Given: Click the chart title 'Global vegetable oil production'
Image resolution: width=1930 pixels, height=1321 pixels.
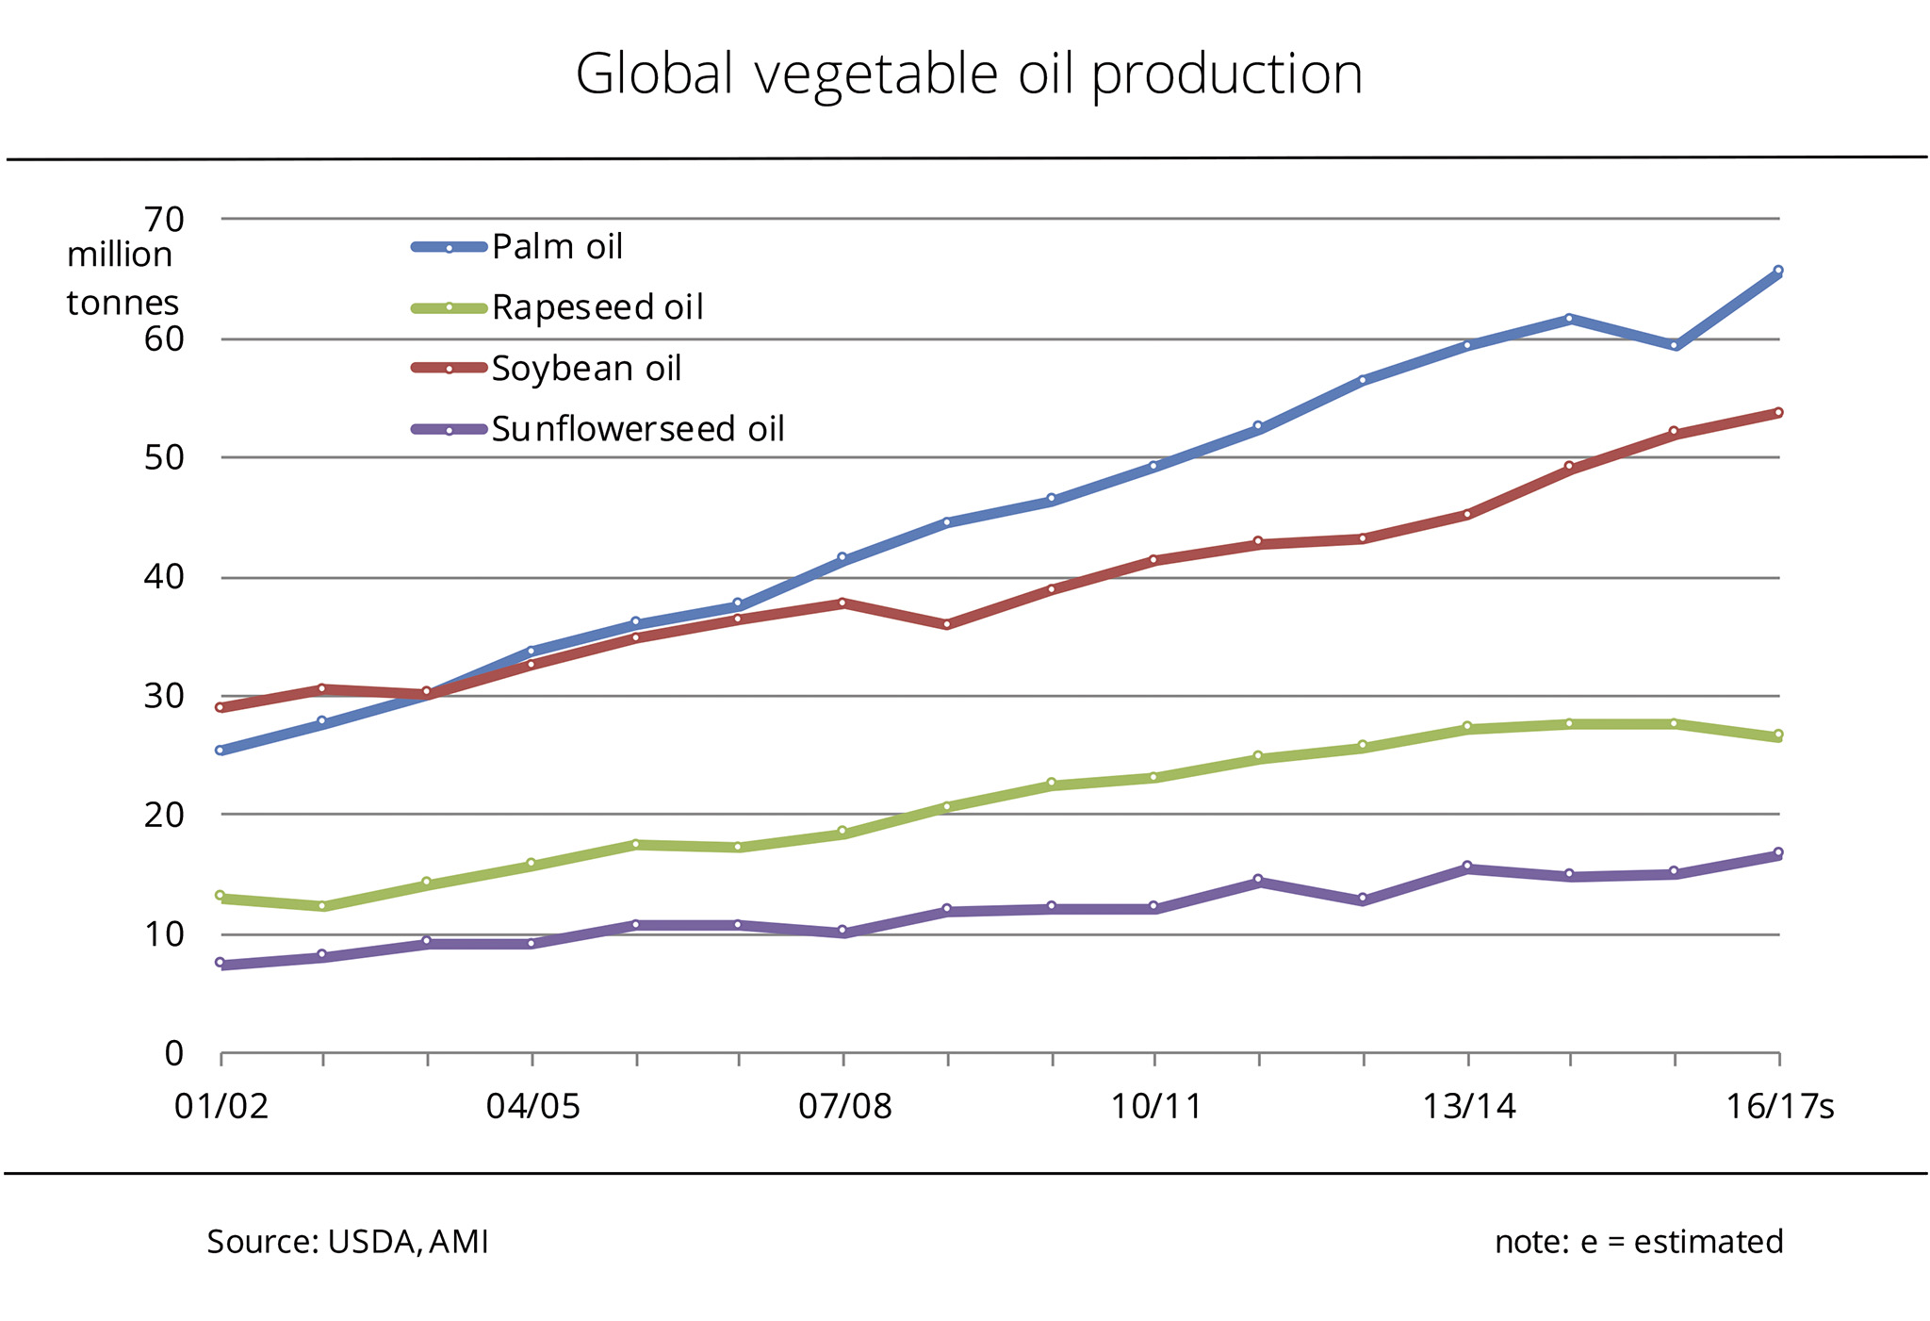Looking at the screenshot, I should click(x=969, y=74).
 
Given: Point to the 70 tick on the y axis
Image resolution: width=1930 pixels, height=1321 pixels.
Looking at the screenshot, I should click(x=164, y=220).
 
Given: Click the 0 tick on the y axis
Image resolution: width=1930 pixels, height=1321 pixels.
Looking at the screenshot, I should click(x=174, y=1053).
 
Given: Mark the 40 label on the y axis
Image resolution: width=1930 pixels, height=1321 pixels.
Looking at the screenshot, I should click(x=164, y=577).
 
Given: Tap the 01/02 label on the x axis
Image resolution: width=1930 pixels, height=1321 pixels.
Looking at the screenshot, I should click(x=221, y=1106).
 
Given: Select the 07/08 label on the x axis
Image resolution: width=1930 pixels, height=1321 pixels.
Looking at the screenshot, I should click(x=844, y=1106).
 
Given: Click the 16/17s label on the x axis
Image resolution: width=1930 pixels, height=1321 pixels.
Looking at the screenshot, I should click(x=1779, y=1106).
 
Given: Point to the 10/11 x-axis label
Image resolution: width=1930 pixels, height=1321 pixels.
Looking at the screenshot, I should click(x=1156, y=1106).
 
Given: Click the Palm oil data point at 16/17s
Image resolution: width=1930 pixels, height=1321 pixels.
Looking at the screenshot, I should click(x=1778, y=271).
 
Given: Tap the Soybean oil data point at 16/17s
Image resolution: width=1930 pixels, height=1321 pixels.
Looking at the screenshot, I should click(x=1778, y=412).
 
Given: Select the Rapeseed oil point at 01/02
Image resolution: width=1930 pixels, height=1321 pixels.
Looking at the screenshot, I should click(x=220, y=896).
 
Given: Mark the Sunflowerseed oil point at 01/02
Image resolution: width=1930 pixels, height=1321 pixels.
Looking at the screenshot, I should click(x=220, y=963).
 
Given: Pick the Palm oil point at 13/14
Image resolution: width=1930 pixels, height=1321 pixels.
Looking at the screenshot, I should click(x=1467, y=345).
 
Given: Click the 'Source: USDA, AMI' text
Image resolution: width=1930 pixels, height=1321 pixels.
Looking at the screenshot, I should click(x=348, y=1242).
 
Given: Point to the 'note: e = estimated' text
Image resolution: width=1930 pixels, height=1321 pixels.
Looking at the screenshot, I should click(x=1639, y=1242).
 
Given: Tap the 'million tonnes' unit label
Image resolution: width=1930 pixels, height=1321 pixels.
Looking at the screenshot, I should click(x=121, y=279).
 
